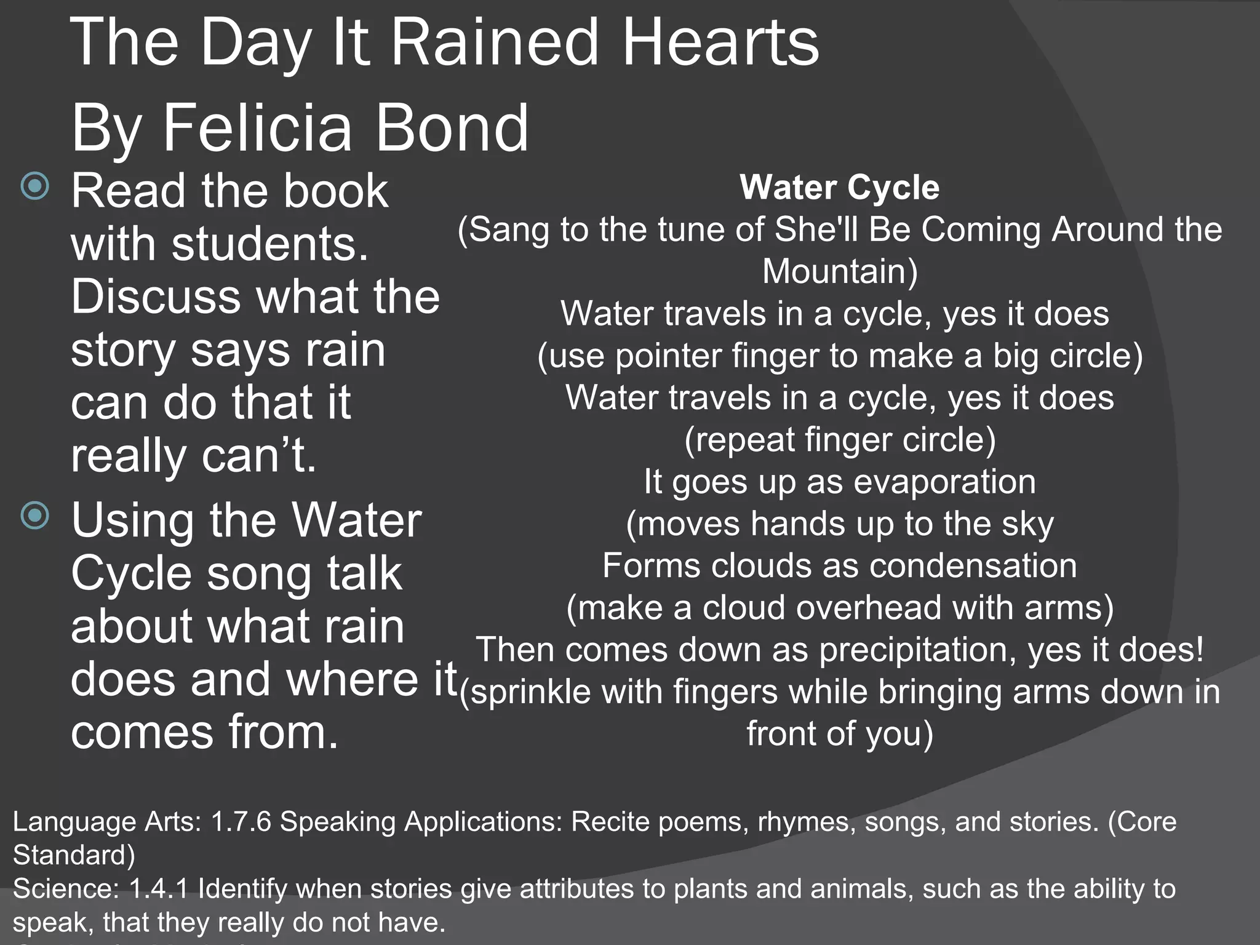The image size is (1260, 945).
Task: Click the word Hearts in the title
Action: coord(720,43)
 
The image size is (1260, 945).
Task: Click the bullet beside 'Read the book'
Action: coord(35,185)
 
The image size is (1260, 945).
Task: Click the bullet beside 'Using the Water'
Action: coord(35,515)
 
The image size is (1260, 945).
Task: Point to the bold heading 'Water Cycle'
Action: coord(839,187)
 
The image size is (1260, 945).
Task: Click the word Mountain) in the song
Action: coord(840,271)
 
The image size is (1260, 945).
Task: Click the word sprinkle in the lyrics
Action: coord(530,692)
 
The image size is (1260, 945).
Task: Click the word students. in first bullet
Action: coord(270,244)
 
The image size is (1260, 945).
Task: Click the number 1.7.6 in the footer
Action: coord(241,822)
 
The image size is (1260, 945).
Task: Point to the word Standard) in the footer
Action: coord(74,855)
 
